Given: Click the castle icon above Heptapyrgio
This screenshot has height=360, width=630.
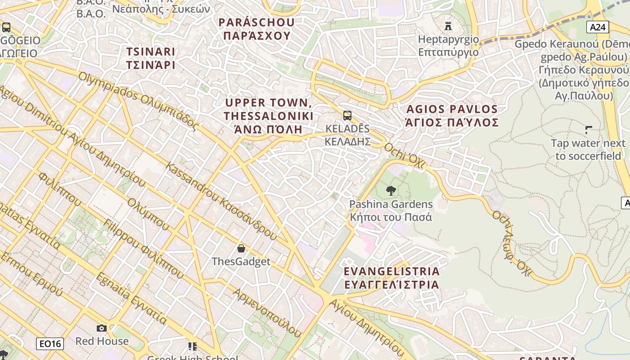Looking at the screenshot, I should coord(448,25).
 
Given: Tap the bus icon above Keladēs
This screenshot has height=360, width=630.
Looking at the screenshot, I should coord(347,116).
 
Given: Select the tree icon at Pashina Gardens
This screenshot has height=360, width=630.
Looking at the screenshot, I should coord(391,191).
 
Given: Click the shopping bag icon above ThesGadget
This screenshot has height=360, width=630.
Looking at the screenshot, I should coord(241,248).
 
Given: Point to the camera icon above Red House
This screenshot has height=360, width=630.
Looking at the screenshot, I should coord(102,328).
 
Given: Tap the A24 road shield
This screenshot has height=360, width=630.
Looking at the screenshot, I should coord(598,27).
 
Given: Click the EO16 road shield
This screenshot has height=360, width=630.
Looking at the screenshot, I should coord(50,344).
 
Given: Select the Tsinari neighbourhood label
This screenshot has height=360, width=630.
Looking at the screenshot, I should coord(151,58).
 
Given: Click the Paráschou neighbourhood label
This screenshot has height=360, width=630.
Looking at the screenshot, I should coord(256,29).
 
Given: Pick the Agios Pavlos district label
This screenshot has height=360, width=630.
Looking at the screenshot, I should coord(452,116).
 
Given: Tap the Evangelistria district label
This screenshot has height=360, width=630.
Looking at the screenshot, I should coord(391,278).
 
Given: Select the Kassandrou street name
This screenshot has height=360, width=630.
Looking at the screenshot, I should coord(220,200).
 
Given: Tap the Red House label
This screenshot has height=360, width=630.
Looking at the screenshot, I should coord(102,341).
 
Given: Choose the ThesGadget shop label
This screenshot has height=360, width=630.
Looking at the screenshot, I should coord(241,261).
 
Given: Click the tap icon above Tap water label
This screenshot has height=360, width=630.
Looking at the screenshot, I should coord(588,130).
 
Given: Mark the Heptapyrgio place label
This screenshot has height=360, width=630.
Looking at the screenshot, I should coord(449,45).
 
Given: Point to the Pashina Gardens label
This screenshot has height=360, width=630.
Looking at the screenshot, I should coord(391,211).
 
